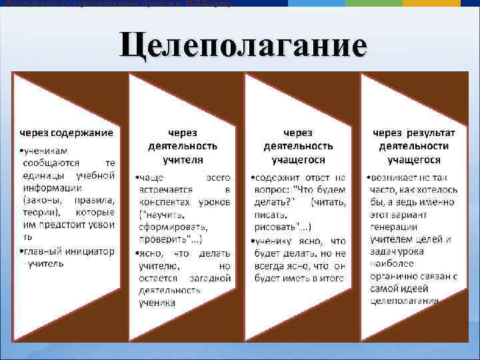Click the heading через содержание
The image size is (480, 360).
(65, 133)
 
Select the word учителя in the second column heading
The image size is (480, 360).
(183, 160)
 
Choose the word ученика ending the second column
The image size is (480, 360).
(157, 303)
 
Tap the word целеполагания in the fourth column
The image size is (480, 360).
(405, 301)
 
